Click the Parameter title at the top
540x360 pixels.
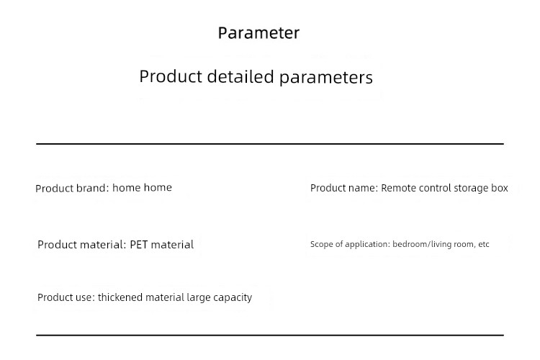coord(258,33)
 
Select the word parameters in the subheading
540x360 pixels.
coord(325,78)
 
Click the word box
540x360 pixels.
coord(500,188)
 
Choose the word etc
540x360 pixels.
coord(484,244)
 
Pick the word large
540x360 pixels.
coord(199,297)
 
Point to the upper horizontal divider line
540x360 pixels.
coord(270,144)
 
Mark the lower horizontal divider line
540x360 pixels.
coord(270,335)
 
